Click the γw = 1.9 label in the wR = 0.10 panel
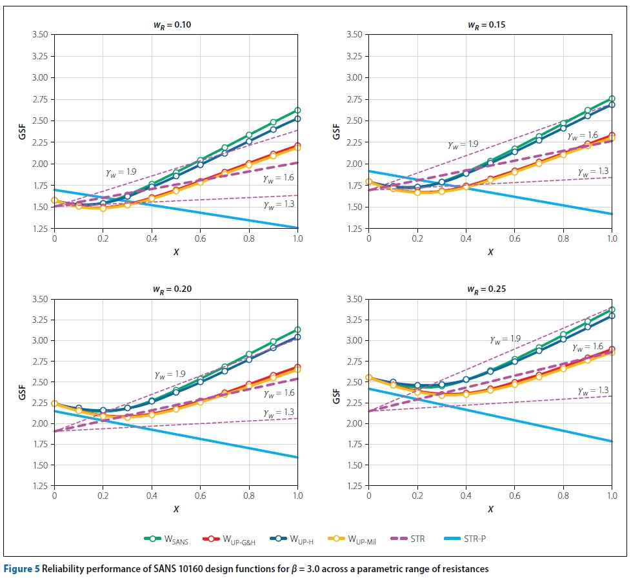[x=121, y=173]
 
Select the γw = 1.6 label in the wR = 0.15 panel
[x=583, y=136]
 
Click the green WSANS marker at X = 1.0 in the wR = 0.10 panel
[x=297, y=110]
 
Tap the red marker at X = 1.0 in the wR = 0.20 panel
[x=297, y=367]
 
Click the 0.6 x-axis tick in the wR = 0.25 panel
[x=514, y=496]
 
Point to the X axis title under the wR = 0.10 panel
[x=175, y=252]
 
